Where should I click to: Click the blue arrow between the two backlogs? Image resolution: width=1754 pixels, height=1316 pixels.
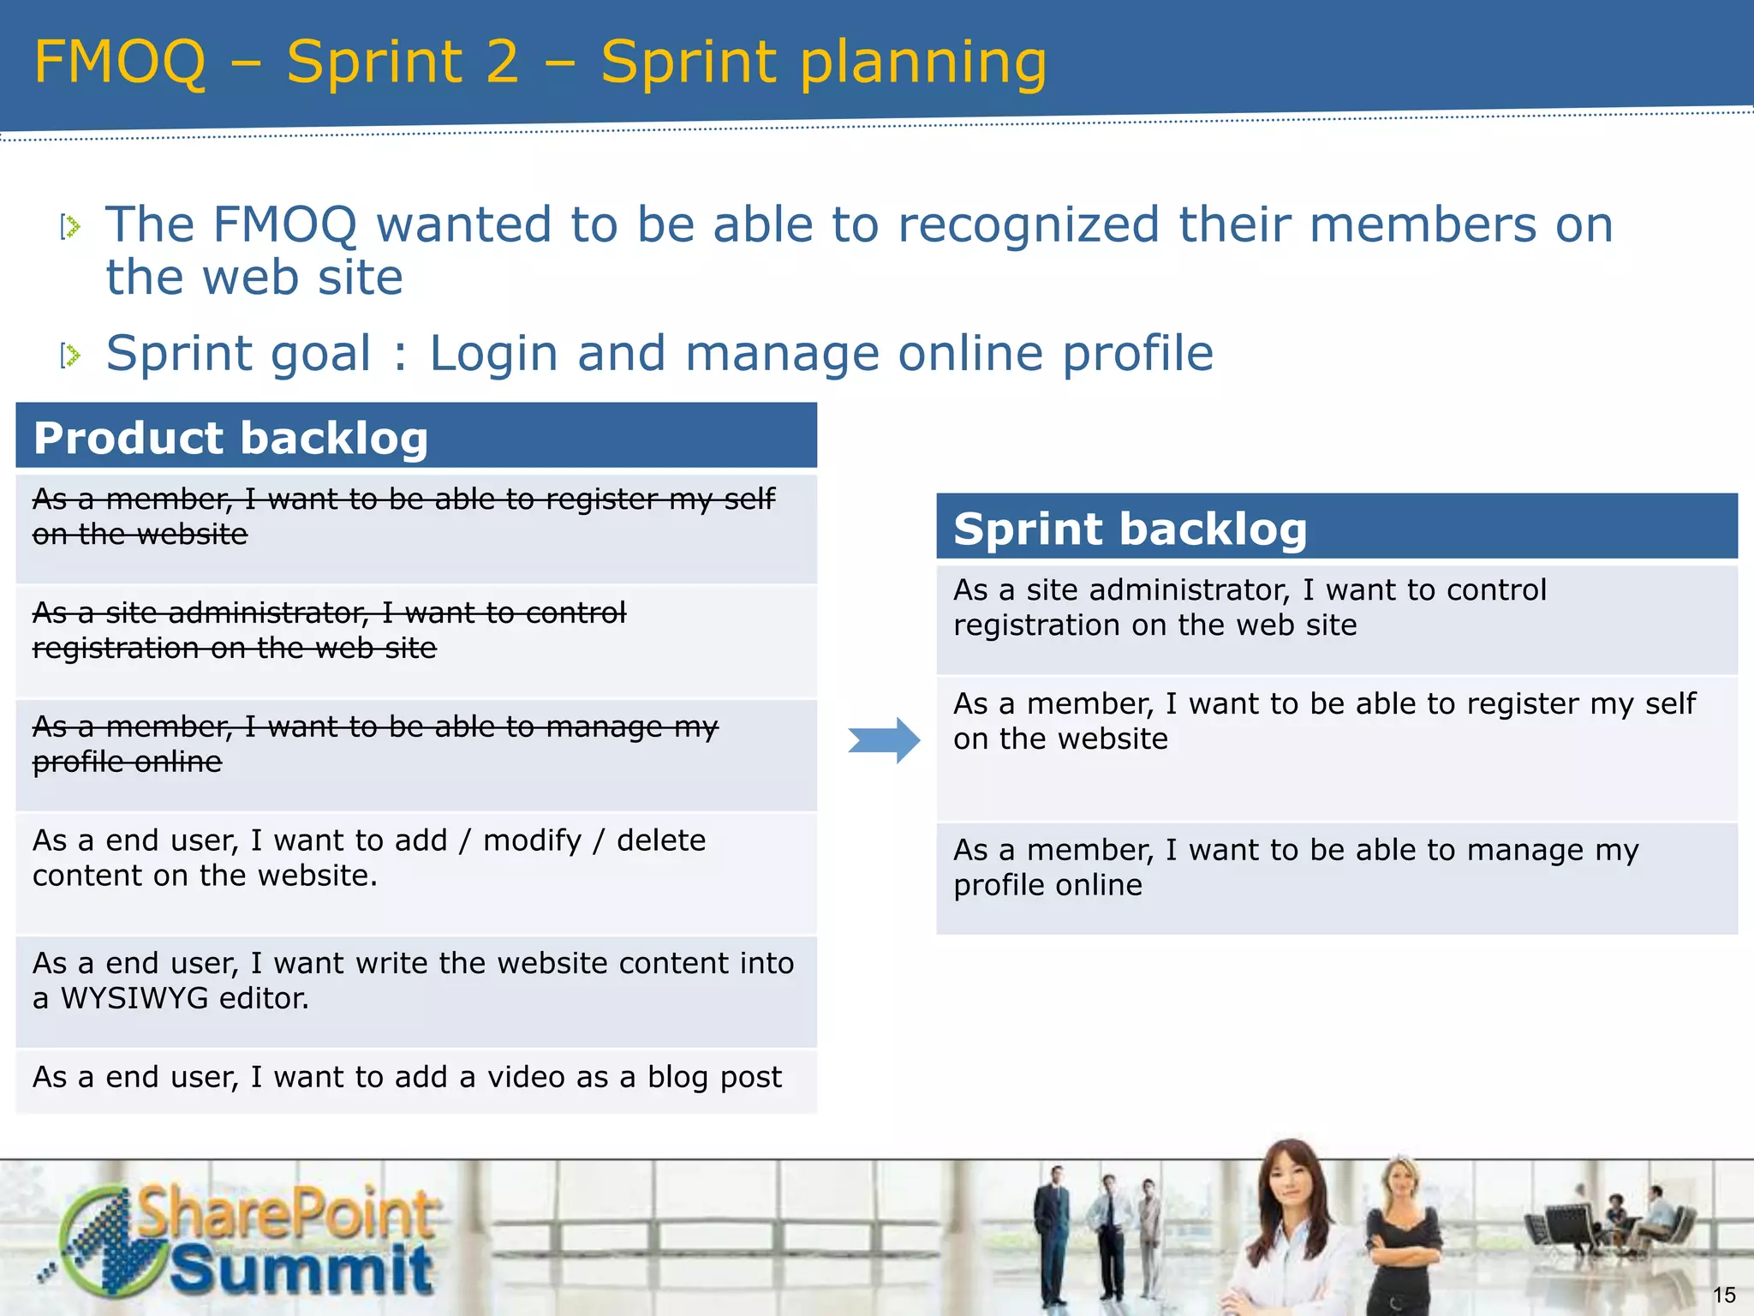pos(885,740)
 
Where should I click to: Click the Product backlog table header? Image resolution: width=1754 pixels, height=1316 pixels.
pos(416,437)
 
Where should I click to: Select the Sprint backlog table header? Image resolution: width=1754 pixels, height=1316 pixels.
pos(1336,528)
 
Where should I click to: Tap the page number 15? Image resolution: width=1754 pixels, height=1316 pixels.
pos(1723,1295)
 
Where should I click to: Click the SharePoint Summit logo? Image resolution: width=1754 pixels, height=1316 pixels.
pos(244,1239)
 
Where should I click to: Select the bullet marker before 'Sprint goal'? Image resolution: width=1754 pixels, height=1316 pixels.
pos(70,355)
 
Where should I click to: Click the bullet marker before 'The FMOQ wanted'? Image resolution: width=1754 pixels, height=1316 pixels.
pos(70,227)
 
